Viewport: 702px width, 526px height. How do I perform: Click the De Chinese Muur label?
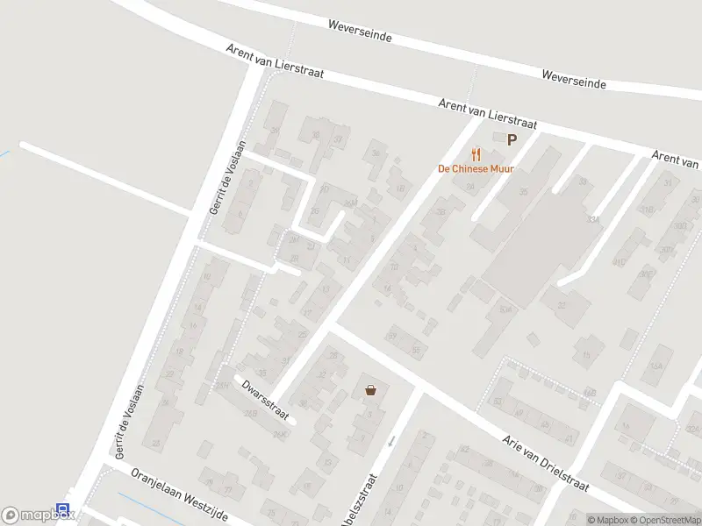click(476, 168)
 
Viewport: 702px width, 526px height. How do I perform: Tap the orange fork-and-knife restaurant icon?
click(476, 153)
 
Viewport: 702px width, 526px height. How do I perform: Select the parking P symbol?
click(512, 139)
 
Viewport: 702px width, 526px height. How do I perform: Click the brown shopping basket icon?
click(370, 390)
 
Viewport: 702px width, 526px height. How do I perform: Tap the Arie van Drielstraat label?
click(544, 462)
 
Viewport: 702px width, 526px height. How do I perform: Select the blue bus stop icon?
click(62, 509)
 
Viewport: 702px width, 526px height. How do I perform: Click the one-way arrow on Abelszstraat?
click(392, 440)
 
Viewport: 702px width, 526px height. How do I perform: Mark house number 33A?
click(596, 219)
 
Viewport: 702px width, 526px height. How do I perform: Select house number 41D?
click(620, 262)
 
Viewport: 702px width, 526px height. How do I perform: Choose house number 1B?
click(401, 188)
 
